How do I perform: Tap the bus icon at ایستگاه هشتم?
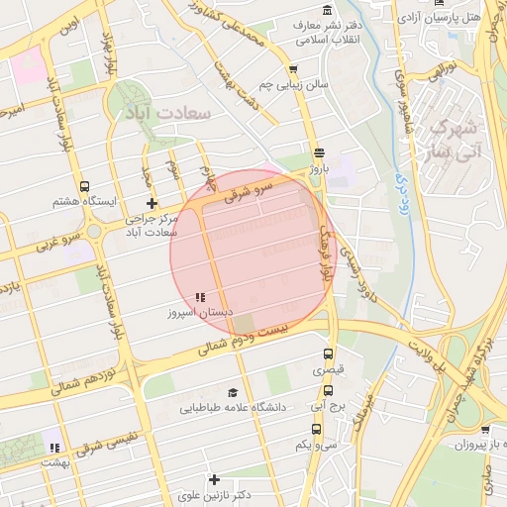tap(84, 185)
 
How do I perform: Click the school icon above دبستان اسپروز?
tap(200, 296)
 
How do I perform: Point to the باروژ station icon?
tap(318, 153)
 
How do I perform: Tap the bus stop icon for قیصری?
tap(329, 354)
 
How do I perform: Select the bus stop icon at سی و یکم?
tap(316, 429)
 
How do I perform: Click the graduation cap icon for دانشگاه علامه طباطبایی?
tap(233, 392)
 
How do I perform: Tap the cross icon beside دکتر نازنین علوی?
tap(214, 479)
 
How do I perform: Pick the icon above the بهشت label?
tap(53, 448)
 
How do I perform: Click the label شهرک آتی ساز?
tap(455, 140)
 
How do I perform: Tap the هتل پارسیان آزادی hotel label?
tap(453, 17)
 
